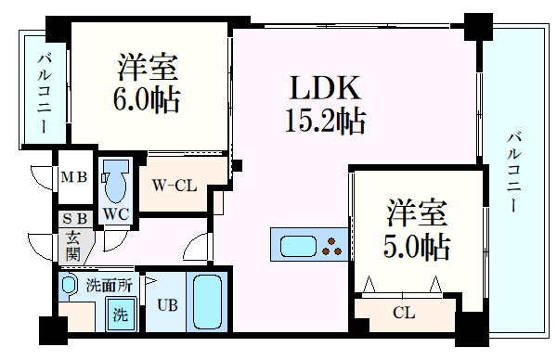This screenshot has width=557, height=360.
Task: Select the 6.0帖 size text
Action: pyautogui.click(x=148, y=97)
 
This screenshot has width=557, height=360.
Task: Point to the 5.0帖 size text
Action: pyautogui.click(x=418, y=245)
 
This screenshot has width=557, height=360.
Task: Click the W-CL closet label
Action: pyautogui.click(x=175, y=185)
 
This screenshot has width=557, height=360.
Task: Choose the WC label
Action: pyautogui.click(x=115, y=212)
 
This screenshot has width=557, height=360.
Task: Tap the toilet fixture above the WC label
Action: pyautogui.click(x=115, y=180)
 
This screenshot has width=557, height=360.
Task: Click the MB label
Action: pyautogui.click(x=73, y=177)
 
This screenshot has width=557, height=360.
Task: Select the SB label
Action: pyautogui.click(x=74, y=219)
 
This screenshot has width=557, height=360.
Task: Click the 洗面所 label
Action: pyautogui.click(x=106, y=284)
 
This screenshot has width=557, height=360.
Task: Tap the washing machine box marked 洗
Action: pyautogui.click(x=121, y=314)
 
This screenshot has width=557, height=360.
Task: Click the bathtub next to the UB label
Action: pyautogui.click(x=208, y=303)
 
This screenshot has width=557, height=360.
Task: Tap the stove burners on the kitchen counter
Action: pyautogui.click(x=331, y=246)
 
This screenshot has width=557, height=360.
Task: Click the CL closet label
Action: pyautogui.click(x=403, y=313)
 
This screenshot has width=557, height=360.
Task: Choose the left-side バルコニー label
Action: pyautogui.click(x=44, y=94)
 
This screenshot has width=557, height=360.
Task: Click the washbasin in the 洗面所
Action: pyautogui.click(x=69, y=288)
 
